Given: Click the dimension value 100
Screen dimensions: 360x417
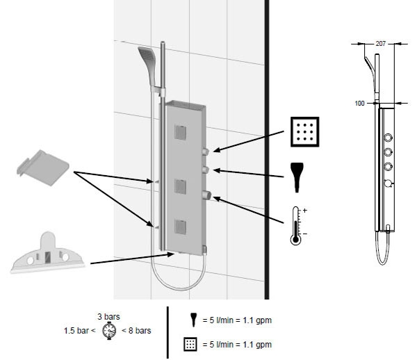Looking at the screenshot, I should (359, 103).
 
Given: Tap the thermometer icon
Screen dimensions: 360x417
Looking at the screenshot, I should (296, 224).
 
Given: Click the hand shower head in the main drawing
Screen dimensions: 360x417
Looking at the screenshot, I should (147, 60).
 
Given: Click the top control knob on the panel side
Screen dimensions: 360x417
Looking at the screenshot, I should (206, 151).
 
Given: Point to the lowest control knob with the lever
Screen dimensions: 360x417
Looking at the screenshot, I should (207, 195).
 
